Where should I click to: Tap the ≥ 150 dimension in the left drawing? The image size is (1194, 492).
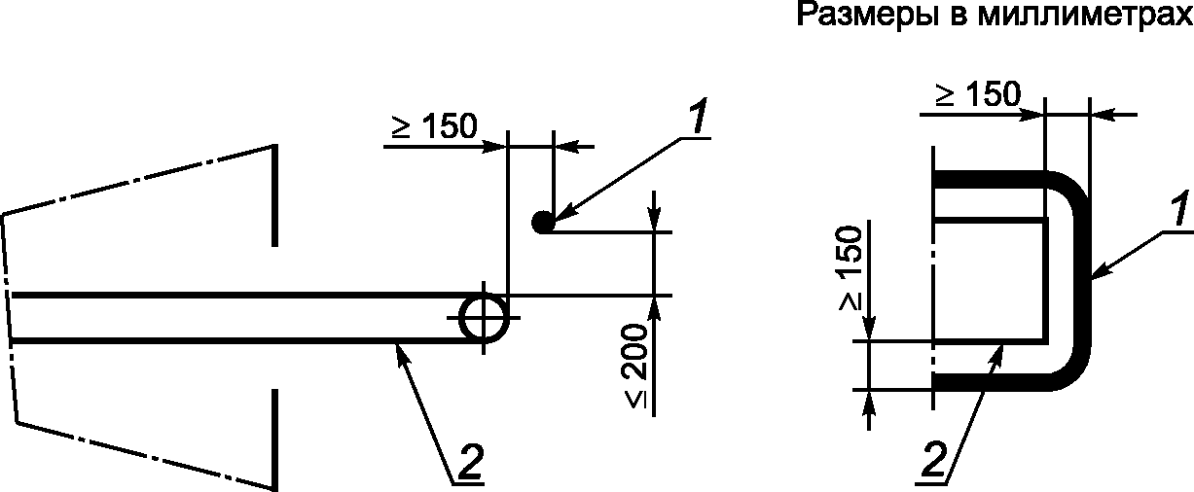[x=435, y=126]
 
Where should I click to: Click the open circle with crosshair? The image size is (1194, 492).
[x=483, y=317]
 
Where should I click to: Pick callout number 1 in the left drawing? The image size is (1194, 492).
[x=697, y=119]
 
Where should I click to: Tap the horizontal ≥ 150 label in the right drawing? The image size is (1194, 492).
[x=979, y=94]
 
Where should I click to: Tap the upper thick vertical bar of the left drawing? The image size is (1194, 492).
[x=277, y=194]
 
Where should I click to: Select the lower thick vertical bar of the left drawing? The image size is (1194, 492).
[x=277, y=438]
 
